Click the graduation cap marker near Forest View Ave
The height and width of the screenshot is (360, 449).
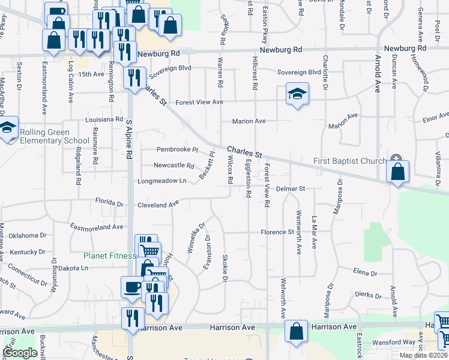pos(297,95)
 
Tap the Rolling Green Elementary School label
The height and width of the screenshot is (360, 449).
pos(46,137)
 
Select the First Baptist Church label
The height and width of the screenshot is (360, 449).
pos(351,161)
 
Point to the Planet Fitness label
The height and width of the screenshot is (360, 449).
pos(109,256)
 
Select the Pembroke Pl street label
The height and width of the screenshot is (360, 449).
pos(177,149)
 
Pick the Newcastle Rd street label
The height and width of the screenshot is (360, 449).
pos(174,166)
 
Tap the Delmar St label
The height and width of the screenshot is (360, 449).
pos(291,189)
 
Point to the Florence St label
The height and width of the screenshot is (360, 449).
pos(277,232)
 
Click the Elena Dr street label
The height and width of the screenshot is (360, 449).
pos(365,273)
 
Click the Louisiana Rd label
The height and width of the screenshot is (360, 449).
pos(104,119)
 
